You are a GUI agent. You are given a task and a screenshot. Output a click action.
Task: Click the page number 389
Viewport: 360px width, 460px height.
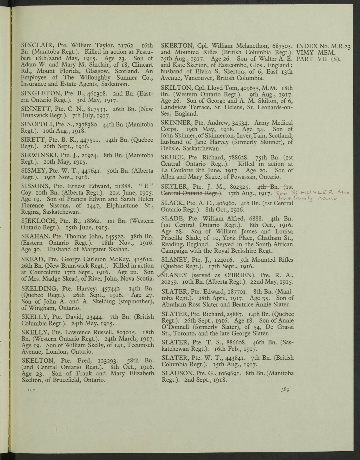tap(285, 390)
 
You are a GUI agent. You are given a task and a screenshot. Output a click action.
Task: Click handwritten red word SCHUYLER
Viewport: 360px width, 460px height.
tap(310, 193)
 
